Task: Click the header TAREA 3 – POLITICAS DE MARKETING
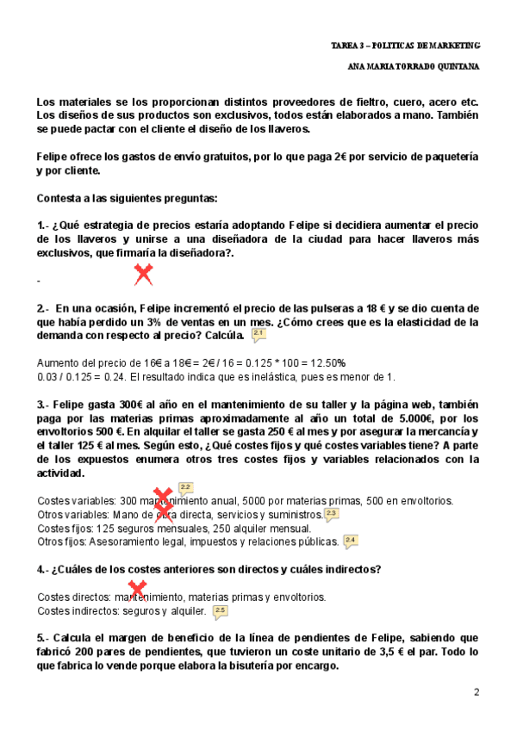point(405,44)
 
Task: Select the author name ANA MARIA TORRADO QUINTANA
point(412,65)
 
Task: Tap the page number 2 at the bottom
point(477,692)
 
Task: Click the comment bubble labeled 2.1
point(258,334)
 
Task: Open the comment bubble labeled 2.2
point(185,488)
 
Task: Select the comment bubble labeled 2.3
point(332,515)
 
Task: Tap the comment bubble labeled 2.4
point(350,541)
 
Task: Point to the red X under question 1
point(143,275)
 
